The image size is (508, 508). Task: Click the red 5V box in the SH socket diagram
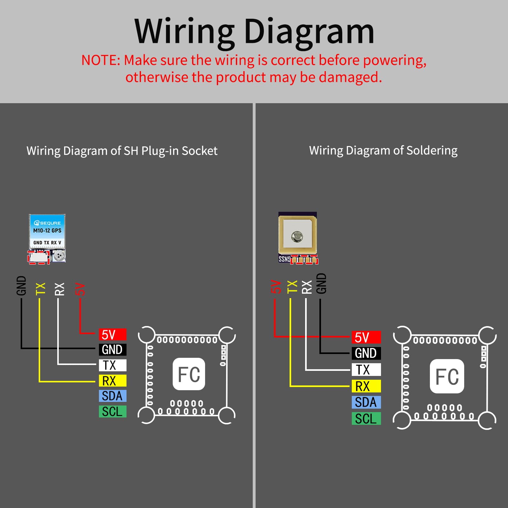(112, 335)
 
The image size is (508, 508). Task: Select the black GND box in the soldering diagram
(366, 353)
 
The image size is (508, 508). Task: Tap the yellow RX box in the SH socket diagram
(112, 381)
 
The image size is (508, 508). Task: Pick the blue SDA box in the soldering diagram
(366, 402)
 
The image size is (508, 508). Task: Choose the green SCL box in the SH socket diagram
(112, 411)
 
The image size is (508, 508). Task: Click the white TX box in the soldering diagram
(366, 370)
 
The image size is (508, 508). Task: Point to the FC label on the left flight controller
(189, 374)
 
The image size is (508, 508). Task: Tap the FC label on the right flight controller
(447, 376)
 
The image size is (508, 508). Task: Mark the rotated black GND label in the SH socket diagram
(21, 285)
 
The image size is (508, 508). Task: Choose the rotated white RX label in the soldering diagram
(307, 287)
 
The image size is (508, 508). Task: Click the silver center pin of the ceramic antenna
(297, 236)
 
